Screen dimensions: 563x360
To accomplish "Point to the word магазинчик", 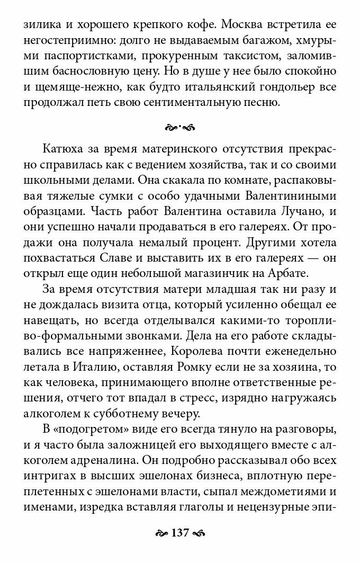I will [x=241, y=274].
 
